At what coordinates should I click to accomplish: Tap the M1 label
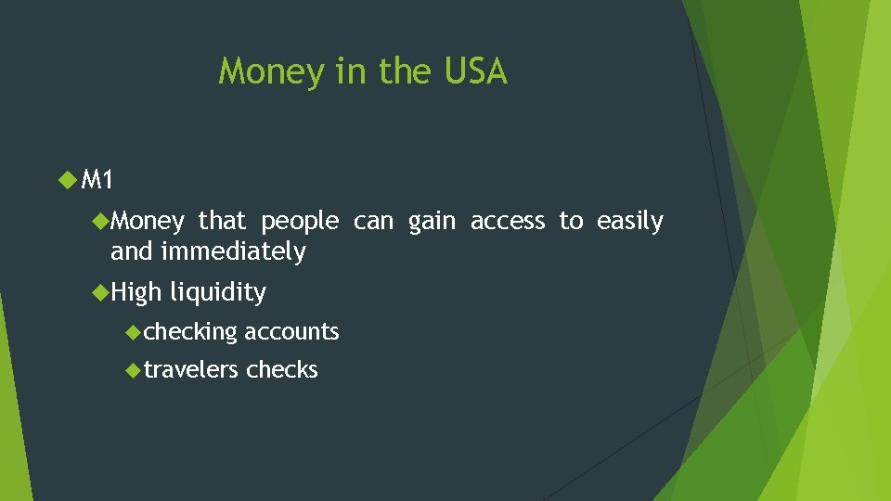(97, 179)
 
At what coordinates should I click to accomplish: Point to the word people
(300, 223)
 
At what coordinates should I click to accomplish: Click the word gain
(433, 222)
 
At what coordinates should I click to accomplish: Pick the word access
(508, 221)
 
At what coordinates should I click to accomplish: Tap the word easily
(630, 222)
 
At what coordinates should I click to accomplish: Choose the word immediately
(233, 251)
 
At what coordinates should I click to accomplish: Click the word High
(136, 293)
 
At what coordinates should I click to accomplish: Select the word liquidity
(217, 293)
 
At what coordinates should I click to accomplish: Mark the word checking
(190, 332)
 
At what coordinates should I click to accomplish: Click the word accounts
(291, 331)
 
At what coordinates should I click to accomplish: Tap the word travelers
(191, 369)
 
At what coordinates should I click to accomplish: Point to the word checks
(282, 369)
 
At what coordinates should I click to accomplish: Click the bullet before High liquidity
(101, 292)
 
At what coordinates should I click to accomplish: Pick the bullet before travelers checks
(133, 369)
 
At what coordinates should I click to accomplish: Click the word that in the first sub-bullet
(222, 221)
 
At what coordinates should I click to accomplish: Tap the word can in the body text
(374, 222)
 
